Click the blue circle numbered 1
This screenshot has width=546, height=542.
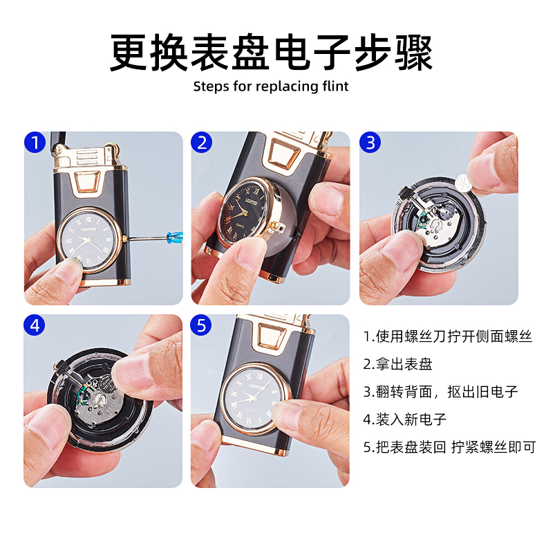[35, 143]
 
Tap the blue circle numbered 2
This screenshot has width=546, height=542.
[202, 143]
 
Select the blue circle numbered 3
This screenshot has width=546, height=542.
[370, 143]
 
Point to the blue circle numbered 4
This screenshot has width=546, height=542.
[35, 325]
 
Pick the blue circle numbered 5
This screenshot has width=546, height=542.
[201, 325]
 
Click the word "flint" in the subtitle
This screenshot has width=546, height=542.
[335, 86]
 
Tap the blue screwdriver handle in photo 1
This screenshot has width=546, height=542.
[175, 237]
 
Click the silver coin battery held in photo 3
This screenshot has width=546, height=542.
[466, 183]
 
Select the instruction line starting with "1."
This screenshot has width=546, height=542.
[448, 336]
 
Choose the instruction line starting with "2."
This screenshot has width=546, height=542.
[397, 364]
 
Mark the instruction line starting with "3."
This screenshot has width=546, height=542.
[441, 392]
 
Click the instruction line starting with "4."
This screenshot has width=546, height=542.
[404, 419]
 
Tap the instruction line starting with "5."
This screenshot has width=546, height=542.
[449, 446]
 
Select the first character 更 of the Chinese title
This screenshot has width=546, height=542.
[129, 53]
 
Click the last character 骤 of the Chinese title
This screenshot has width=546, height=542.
[413, 53]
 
